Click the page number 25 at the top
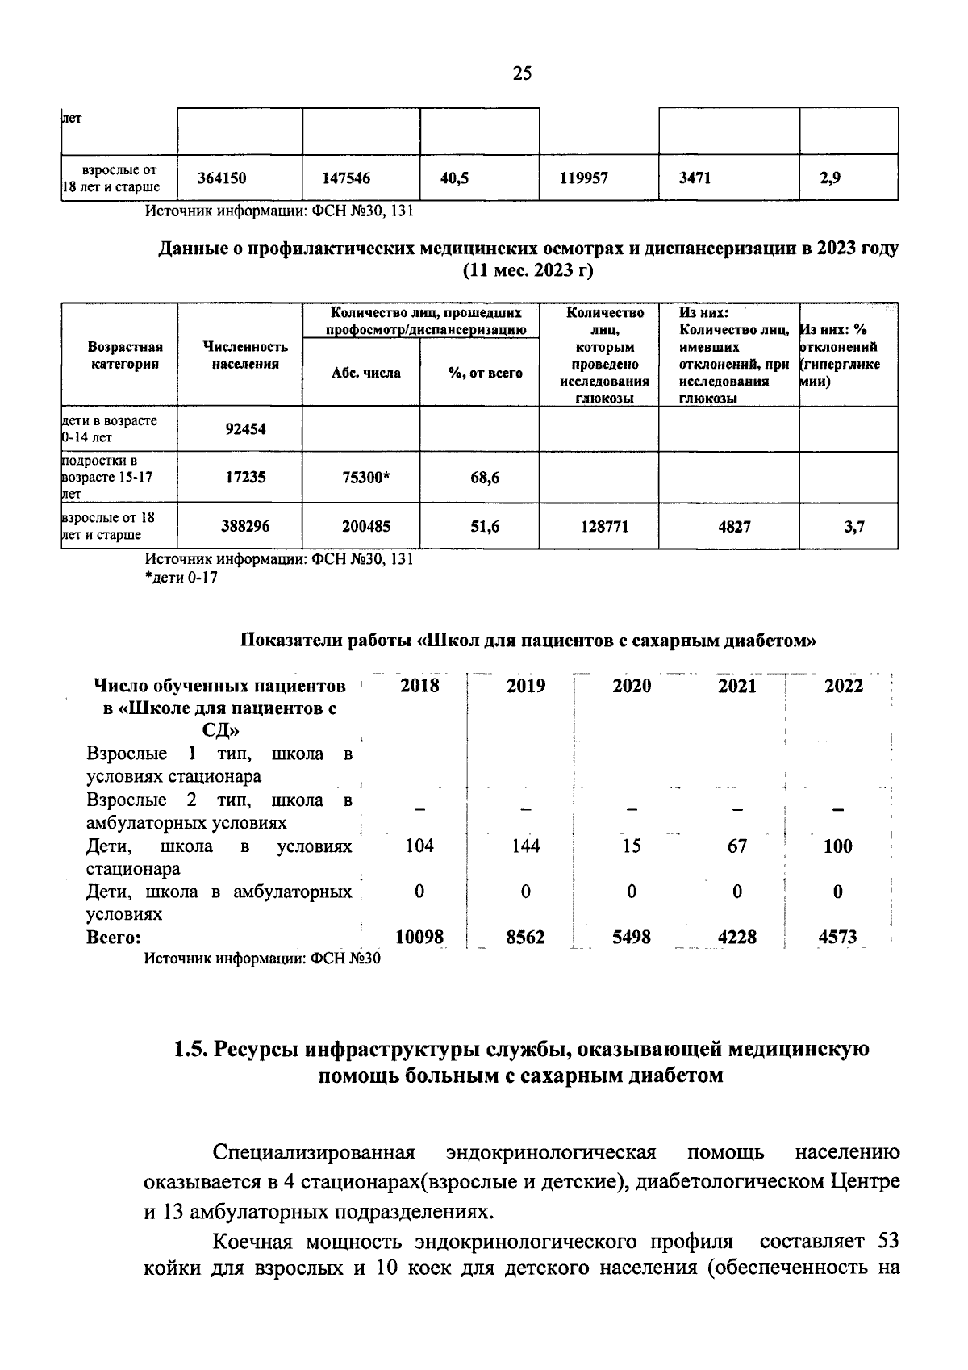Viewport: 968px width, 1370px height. [x=522, y=74]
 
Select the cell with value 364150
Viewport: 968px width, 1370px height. [x=222, y=179]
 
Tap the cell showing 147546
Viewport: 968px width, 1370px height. [x=346, y=179]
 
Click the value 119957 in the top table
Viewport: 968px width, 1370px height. [x=584, y=179]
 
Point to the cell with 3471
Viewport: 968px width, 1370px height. [x=695, y=179]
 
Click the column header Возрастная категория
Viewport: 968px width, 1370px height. [x=125, y=355]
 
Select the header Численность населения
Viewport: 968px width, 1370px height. [x=245, y=355]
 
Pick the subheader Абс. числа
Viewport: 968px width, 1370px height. [x=365, y=373]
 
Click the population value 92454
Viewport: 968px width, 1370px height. [x=245, y=429]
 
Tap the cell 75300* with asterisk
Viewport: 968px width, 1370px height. [x=366, y=478]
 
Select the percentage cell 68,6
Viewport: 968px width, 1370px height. [x=485, y=478]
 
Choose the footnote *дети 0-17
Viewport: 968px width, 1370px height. [x=181, y=578]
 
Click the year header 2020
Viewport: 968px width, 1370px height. [x=632, y=686]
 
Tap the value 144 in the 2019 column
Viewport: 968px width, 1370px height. [x=526, y=846]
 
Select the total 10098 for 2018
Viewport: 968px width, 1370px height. [x=419, y=938]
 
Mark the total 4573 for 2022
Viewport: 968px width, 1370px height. [x=837, y=938]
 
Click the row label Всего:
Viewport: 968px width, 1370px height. [x=114, y=938]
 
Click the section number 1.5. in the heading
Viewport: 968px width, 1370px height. [x=190, y=1050]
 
